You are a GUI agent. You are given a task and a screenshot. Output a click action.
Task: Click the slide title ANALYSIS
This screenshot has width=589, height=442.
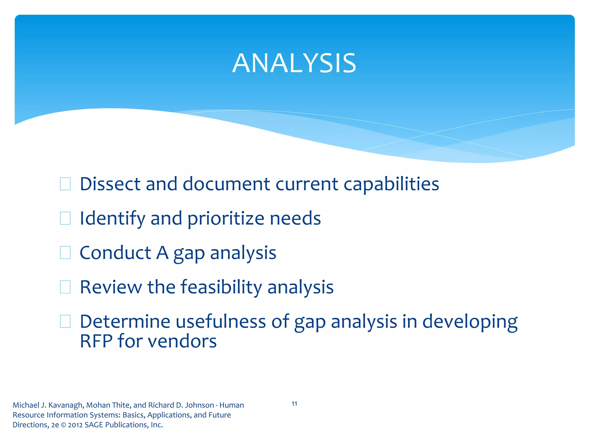294,63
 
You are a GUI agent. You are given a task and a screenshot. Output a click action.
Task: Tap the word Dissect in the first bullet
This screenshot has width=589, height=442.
110,184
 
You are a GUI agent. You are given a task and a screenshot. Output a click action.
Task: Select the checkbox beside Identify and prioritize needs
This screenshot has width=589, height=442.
65,218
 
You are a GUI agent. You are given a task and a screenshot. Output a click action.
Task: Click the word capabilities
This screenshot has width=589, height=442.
391,184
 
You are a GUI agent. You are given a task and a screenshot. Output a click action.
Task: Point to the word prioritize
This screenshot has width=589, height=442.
225,219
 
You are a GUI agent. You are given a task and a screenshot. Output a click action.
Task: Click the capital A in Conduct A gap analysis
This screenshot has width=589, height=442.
162,253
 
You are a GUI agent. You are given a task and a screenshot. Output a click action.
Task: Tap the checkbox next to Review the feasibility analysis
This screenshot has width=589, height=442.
65,287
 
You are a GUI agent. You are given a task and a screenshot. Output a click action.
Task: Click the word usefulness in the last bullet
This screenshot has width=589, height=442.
221,321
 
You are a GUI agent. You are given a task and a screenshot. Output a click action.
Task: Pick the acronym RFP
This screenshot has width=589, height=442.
96,341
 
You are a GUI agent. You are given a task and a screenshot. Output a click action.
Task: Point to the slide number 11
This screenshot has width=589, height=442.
294,404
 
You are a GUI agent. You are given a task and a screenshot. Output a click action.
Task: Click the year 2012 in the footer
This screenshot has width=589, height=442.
75,425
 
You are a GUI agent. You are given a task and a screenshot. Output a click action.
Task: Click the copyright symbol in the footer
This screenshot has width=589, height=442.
64,425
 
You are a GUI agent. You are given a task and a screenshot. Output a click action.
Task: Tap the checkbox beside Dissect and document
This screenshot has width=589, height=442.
65,184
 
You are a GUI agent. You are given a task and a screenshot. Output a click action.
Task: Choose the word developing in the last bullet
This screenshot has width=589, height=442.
470,322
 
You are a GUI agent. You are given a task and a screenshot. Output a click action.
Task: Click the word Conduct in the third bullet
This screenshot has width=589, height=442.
115,253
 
